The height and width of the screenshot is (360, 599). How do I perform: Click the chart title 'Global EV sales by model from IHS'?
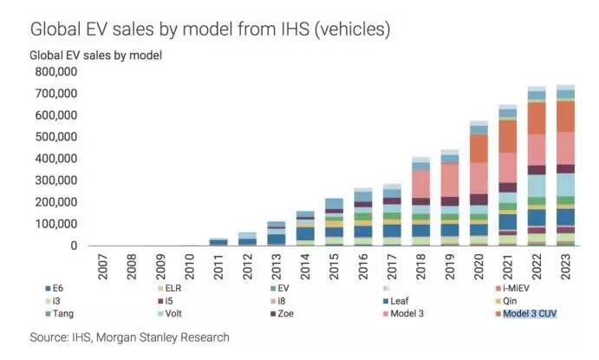[x=210, y=29]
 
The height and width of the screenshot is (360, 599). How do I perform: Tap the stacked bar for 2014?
[x=305, y=228]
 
